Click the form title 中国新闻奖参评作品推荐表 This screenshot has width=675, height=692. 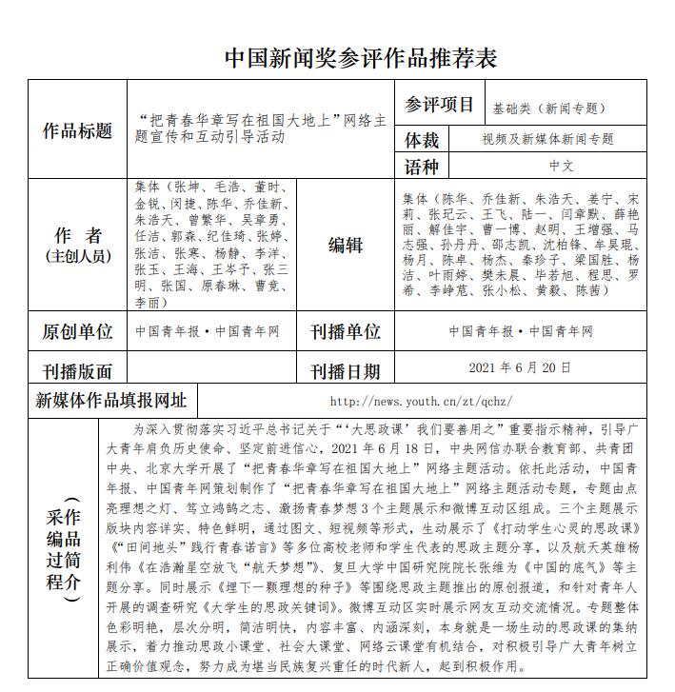pyautogui.click(x=361, y=57)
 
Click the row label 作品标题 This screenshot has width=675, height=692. pyautogui.click(x=77, y=130)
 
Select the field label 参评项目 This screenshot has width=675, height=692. pyautogui.click(x=439, y=105)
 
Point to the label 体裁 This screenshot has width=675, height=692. pyautogui.click(x=423, y=140)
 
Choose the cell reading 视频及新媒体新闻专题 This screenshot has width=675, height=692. pyautogui.click(x=547, y=139)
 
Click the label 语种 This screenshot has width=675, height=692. pyautogui.click(x=423, y=167)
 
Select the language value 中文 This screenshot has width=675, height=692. pyautogui.click(x=562, y=166)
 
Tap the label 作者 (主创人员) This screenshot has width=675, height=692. pyautogui.click(x=77, y=245)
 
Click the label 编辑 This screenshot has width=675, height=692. pyautogui.click(x=345, y=245)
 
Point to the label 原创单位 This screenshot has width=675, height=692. pyautogui.click(x=77, y=331)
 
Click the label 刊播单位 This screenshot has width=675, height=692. pyautogui.click(x=345, y=331)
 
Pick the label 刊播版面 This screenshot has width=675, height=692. pyautogui.click(x=77, y=371)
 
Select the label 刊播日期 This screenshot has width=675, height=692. pyautogui.click(x=345, y=371)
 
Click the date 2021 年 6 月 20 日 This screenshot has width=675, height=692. pyautogui.click(x=520, y=367)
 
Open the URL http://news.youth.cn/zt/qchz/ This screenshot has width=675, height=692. pyautogui.click(x=421, y=401)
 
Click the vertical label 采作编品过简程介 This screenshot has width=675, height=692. pyautogui.click(x=65, y=548)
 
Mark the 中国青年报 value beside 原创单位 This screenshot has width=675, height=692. pyautogui.click(x=164, y=331)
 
